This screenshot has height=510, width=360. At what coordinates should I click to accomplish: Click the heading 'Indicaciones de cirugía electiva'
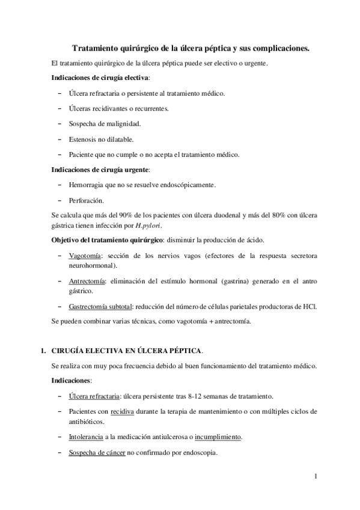(99, 79)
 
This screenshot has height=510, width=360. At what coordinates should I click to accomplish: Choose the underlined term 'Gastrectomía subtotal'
(101, 306)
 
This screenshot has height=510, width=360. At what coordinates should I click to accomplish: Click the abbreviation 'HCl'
(310, 306)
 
